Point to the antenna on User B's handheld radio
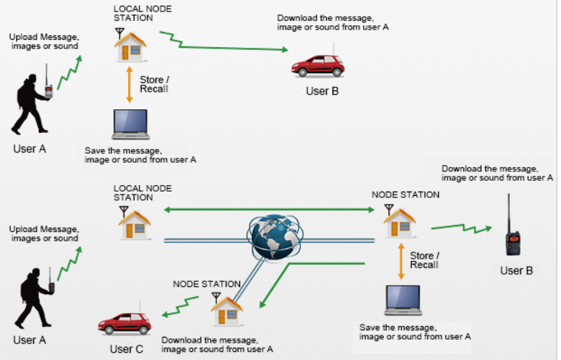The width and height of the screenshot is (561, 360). pos(510,210)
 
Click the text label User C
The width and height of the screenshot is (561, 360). pos(127,350)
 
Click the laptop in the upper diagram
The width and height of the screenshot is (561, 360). pos(131,125)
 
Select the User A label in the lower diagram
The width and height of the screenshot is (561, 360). pos(30,339)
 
